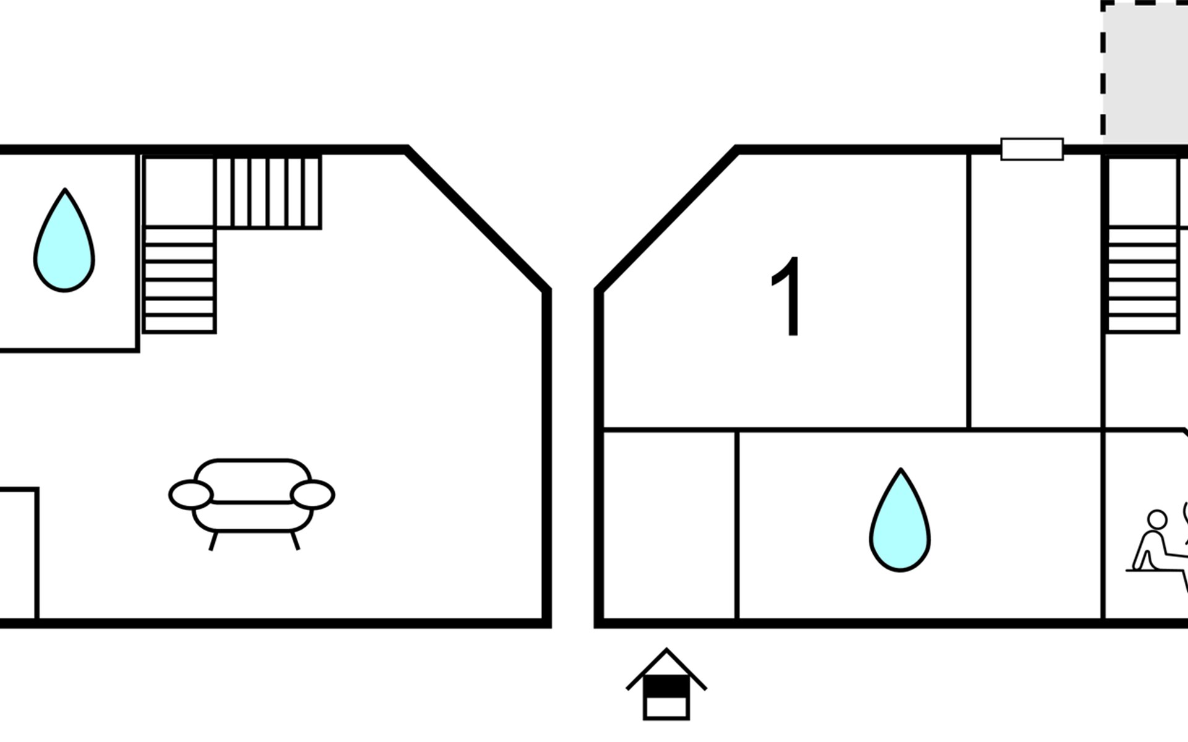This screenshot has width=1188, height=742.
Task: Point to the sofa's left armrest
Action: point(191,495)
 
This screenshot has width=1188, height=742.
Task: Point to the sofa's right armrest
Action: point(312,495)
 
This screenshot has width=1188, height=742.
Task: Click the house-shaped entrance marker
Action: point(666,685)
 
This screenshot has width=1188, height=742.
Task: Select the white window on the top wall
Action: point(1031,149)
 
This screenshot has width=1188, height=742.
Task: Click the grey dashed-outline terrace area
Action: point(1145,71)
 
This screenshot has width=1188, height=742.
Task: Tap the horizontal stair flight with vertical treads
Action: point(268,192)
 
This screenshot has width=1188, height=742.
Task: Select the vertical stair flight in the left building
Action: point(179,279)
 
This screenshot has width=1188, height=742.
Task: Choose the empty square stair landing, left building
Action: point(179,191)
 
